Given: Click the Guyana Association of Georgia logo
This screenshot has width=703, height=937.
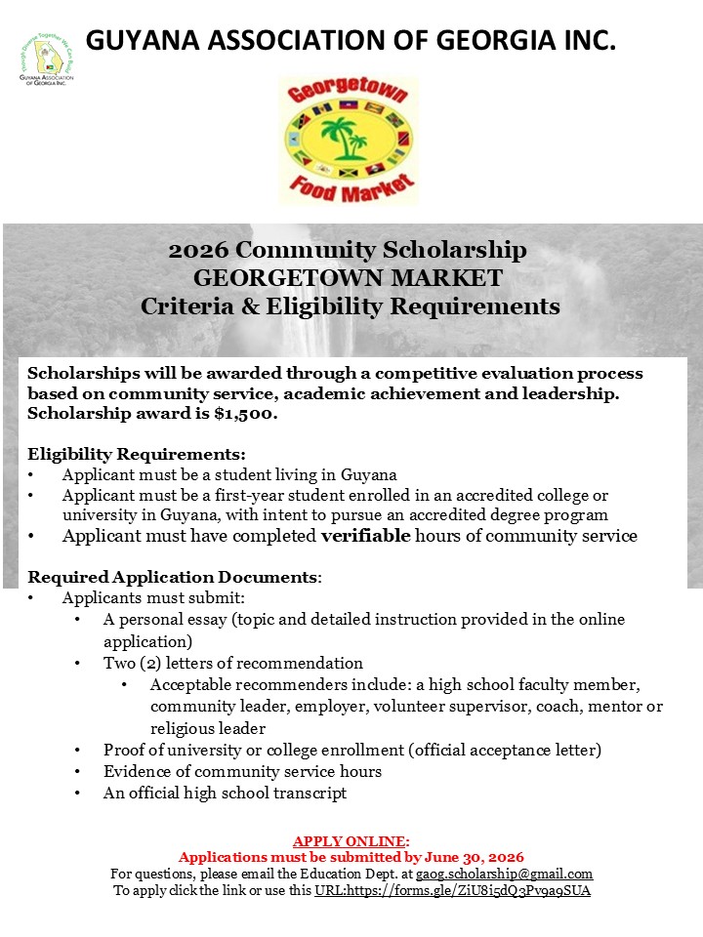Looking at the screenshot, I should (47, 60).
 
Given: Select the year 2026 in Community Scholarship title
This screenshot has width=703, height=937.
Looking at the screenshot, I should (198, 250).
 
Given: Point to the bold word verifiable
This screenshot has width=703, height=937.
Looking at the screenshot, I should (366, 535).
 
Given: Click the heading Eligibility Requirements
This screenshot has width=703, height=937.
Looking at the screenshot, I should (137, 454).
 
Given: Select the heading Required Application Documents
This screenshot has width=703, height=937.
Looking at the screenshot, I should (173, 577).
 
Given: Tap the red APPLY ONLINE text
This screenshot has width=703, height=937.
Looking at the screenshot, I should (351, 841).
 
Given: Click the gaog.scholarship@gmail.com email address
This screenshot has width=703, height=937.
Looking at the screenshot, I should (505, 874).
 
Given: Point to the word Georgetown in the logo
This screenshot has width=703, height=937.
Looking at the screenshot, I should (349, 96).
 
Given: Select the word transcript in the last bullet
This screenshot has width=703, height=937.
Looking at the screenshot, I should (312, 793).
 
